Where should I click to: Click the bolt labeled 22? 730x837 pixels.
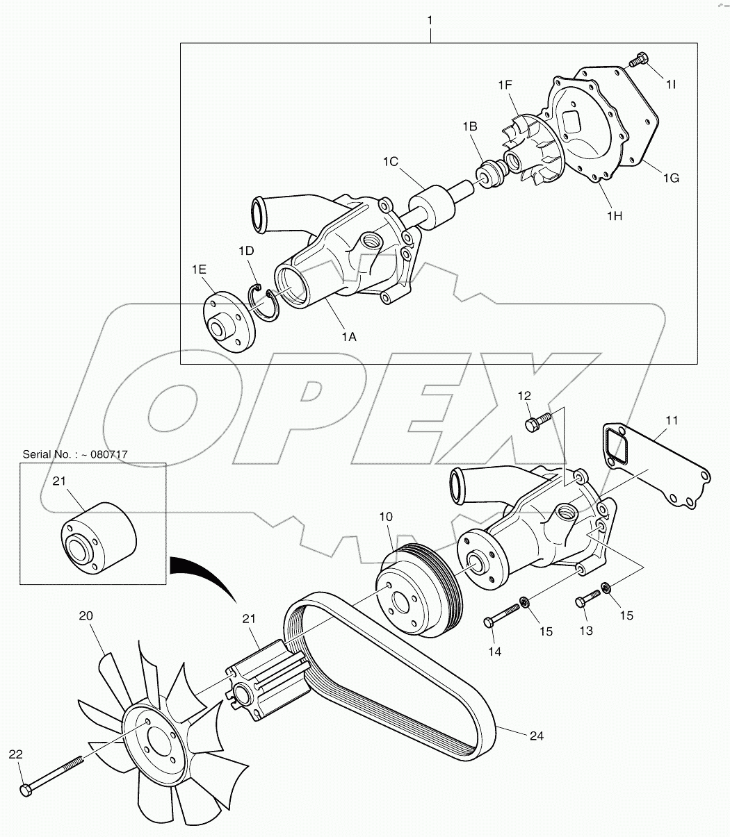pos(52,775)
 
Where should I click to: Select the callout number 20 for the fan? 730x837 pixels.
pos(86,615)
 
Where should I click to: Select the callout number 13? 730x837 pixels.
pos(586,631)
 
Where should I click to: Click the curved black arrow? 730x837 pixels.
pos(209,573)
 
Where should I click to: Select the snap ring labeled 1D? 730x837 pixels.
pos(264,303)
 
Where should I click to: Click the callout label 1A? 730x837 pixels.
pos(349,337)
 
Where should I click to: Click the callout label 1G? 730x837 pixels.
pos(671,178)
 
